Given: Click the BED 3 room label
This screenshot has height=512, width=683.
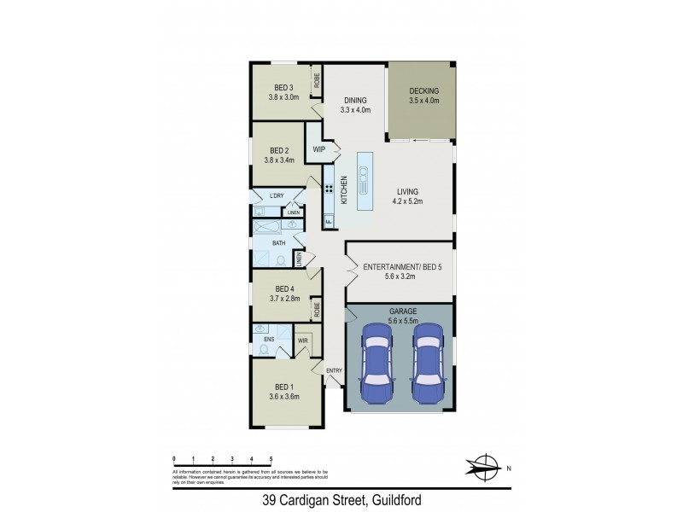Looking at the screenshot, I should click(284, 87).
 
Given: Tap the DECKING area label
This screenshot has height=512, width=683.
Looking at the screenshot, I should click(423, 90).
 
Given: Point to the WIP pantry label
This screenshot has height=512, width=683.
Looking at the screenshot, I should click(320, 149).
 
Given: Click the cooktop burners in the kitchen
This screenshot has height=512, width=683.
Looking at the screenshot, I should click(329, 188).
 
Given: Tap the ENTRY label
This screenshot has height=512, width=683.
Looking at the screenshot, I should click(334, 369).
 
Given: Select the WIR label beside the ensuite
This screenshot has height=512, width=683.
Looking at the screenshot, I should click(302, 340).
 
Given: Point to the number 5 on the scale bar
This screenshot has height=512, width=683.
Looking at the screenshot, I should click(271, 459).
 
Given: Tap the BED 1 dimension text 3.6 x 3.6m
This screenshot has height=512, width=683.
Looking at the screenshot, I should click(284, 397).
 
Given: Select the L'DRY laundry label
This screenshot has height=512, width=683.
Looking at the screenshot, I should click(276, 196).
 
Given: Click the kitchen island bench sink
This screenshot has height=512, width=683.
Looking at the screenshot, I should click(365, 178).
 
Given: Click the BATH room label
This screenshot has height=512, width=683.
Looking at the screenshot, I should click(278, 243).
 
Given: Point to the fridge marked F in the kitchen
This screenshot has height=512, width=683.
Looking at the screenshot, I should click(328, 222).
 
